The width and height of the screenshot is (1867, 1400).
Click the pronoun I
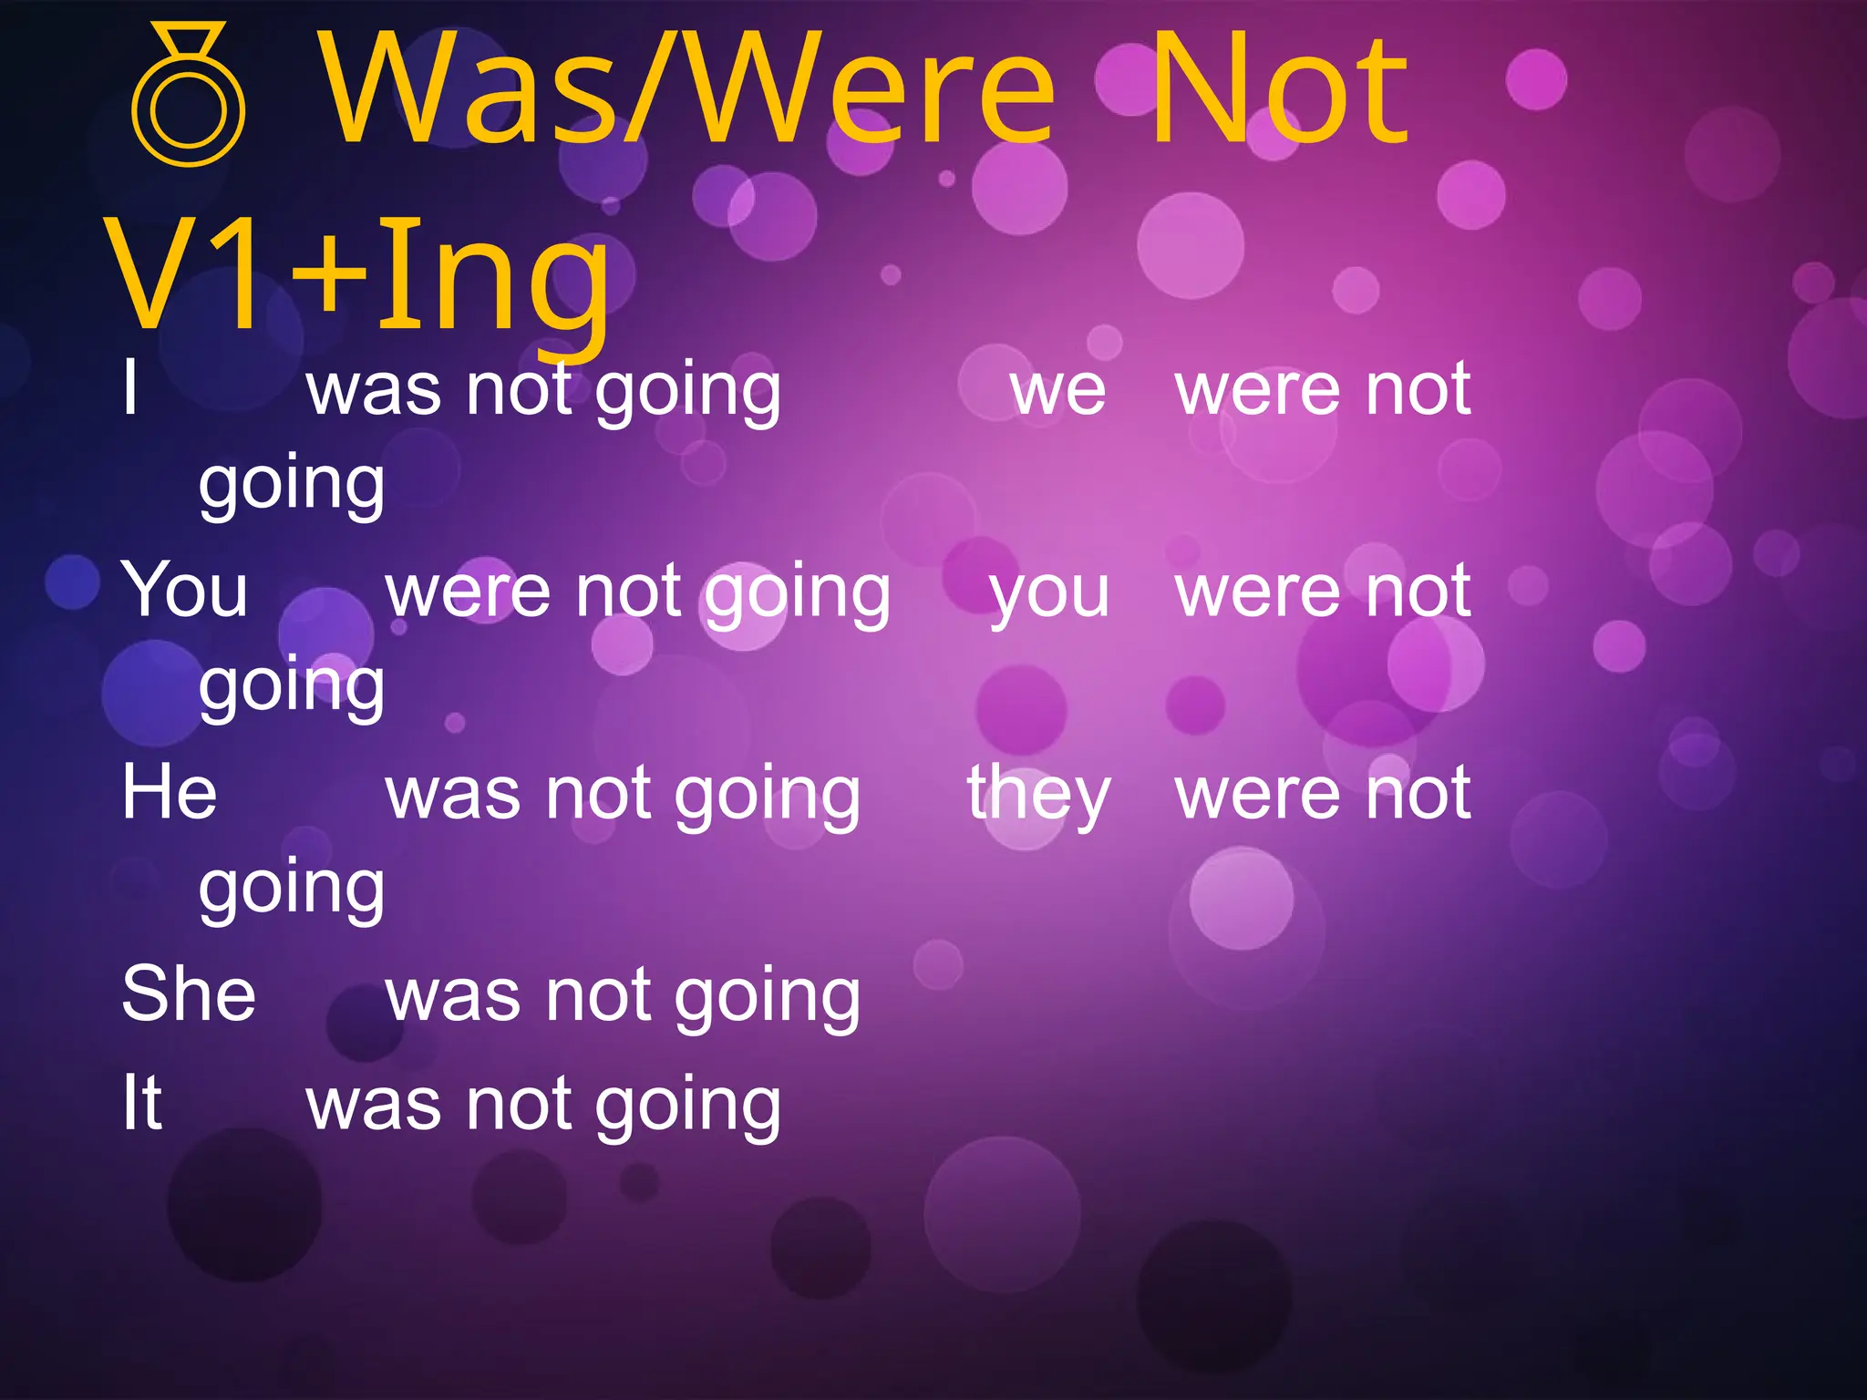(x=130, y=388)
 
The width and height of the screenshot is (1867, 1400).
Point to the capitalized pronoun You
(x=185, y=591)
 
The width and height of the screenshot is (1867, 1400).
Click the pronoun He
(x=170, y=792)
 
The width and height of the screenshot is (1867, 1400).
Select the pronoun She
(x=189, y=993)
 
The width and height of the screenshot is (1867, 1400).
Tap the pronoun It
(x=142, y=1103)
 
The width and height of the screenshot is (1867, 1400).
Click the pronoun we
(x=1057, y=390)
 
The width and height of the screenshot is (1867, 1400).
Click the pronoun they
(x=1039, y=794)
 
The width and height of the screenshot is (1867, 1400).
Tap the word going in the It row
(x=688, y=1108)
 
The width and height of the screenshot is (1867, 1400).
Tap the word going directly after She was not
(x=768, y=999)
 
